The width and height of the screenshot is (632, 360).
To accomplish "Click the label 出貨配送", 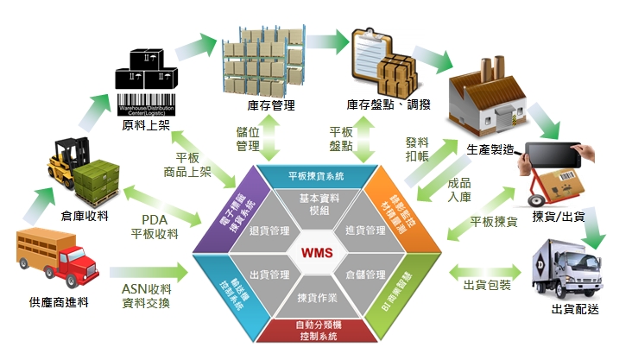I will coord(575,308).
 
